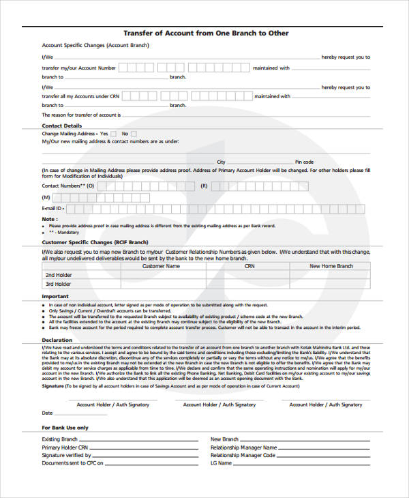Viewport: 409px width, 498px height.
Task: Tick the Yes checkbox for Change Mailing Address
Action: [113, 134]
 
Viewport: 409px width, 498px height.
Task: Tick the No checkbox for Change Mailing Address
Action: [134, 134]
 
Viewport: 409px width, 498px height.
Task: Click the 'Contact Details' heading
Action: [62, 126]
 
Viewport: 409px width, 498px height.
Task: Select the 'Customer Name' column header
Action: [161, 266]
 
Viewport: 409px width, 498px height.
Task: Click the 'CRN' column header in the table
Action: [249, 266]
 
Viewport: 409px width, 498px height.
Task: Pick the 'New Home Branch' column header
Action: [331, 266]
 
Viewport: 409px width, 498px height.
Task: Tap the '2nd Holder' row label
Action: [59, 275]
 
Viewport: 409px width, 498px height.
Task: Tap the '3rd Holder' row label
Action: [59, 284]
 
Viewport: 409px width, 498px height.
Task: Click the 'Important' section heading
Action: [55, 297]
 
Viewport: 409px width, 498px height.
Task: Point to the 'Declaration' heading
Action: [57, 340]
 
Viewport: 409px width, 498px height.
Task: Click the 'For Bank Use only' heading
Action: [65, 428]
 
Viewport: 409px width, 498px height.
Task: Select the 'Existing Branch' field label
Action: [60, 439]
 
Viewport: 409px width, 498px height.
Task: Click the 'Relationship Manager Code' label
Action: [243, 455]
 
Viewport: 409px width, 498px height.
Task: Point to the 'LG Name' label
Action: [222, 463]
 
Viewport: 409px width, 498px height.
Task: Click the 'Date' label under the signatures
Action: [47, 413]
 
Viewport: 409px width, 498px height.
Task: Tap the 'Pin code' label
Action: [304, 162]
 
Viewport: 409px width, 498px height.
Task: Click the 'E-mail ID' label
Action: [53, 208]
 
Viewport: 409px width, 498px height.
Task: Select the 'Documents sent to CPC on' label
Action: [72, 463]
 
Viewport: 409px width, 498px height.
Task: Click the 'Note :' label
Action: [49, 219]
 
